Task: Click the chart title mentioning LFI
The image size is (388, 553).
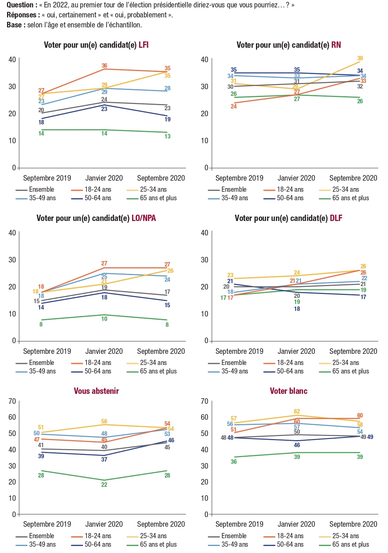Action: (x=96, y=45)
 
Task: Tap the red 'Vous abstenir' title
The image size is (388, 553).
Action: (x=96, y=391)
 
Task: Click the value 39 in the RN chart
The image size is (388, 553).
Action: (x=360, y=58)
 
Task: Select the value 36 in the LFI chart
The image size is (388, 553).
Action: (x=104, y=66)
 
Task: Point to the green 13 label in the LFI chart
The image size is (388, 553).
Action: (x=168, y=137)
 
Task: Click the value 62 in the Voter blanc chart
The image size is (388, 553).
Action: (x=297, y=412)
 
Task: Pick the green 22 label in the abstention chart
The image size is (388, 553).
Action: (x=104, y=485)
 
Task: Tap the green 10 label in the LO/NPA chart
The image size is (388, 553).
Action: (x=104, y=319)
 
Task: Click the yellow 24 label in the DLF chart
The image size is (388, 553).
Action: (x=297, y=273)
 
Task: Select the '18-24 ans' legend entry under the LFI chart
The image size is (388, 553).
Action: (x=98, y=190)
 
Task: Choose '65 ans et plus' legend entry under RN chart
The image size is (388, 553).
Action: (x=350, y=198)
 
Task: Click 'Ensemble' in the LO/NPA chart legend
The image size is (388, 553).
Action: (x=41, y=363)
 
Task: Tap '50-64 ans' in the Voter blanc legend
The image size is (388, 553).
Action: (x=290, y=544)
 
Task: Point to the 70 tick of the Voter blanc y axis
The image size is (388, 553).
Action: (x=205, y=401)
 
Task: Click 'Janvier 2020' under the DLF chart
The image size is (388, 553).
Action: (x=296, y=351)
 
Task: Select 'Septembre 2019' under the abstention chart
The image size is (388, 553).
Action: (x=47, y=524)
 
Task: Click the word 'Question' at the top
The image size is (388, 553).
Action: (x=20, y=5)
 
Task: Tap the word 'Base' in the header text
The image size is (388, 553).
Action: (x=14, y=25)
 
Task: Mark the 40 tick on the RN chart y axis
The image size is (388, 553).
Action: (x=205, y=60)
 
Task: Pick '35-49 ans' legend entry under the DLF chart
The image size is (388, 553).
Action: (x=235, y=371)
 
